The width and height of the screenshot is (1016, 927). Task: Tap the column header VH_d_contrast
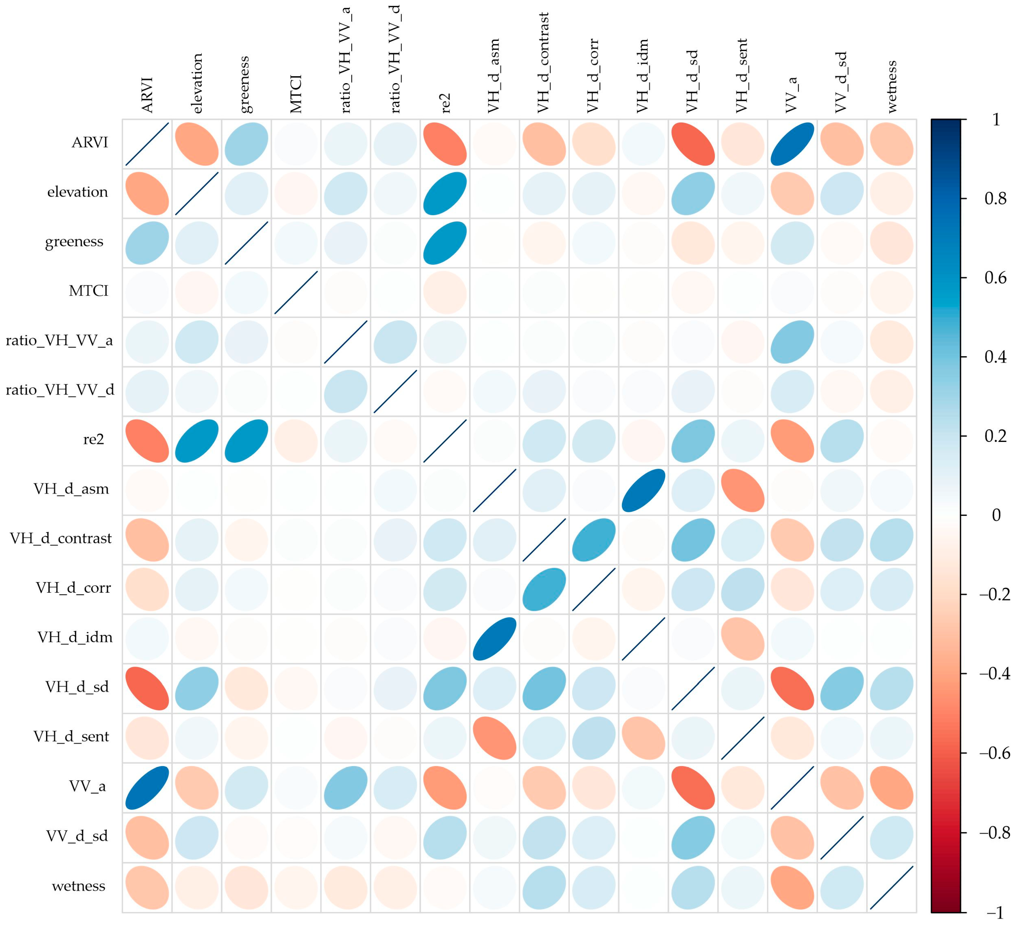543,63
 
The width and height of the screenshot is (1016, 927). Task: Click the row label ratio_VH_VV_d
60,390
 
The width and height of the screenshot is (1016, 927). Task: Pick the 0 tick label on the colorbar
996,515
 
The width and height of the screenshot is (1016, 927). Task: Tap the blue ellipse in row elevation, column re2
445,193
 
